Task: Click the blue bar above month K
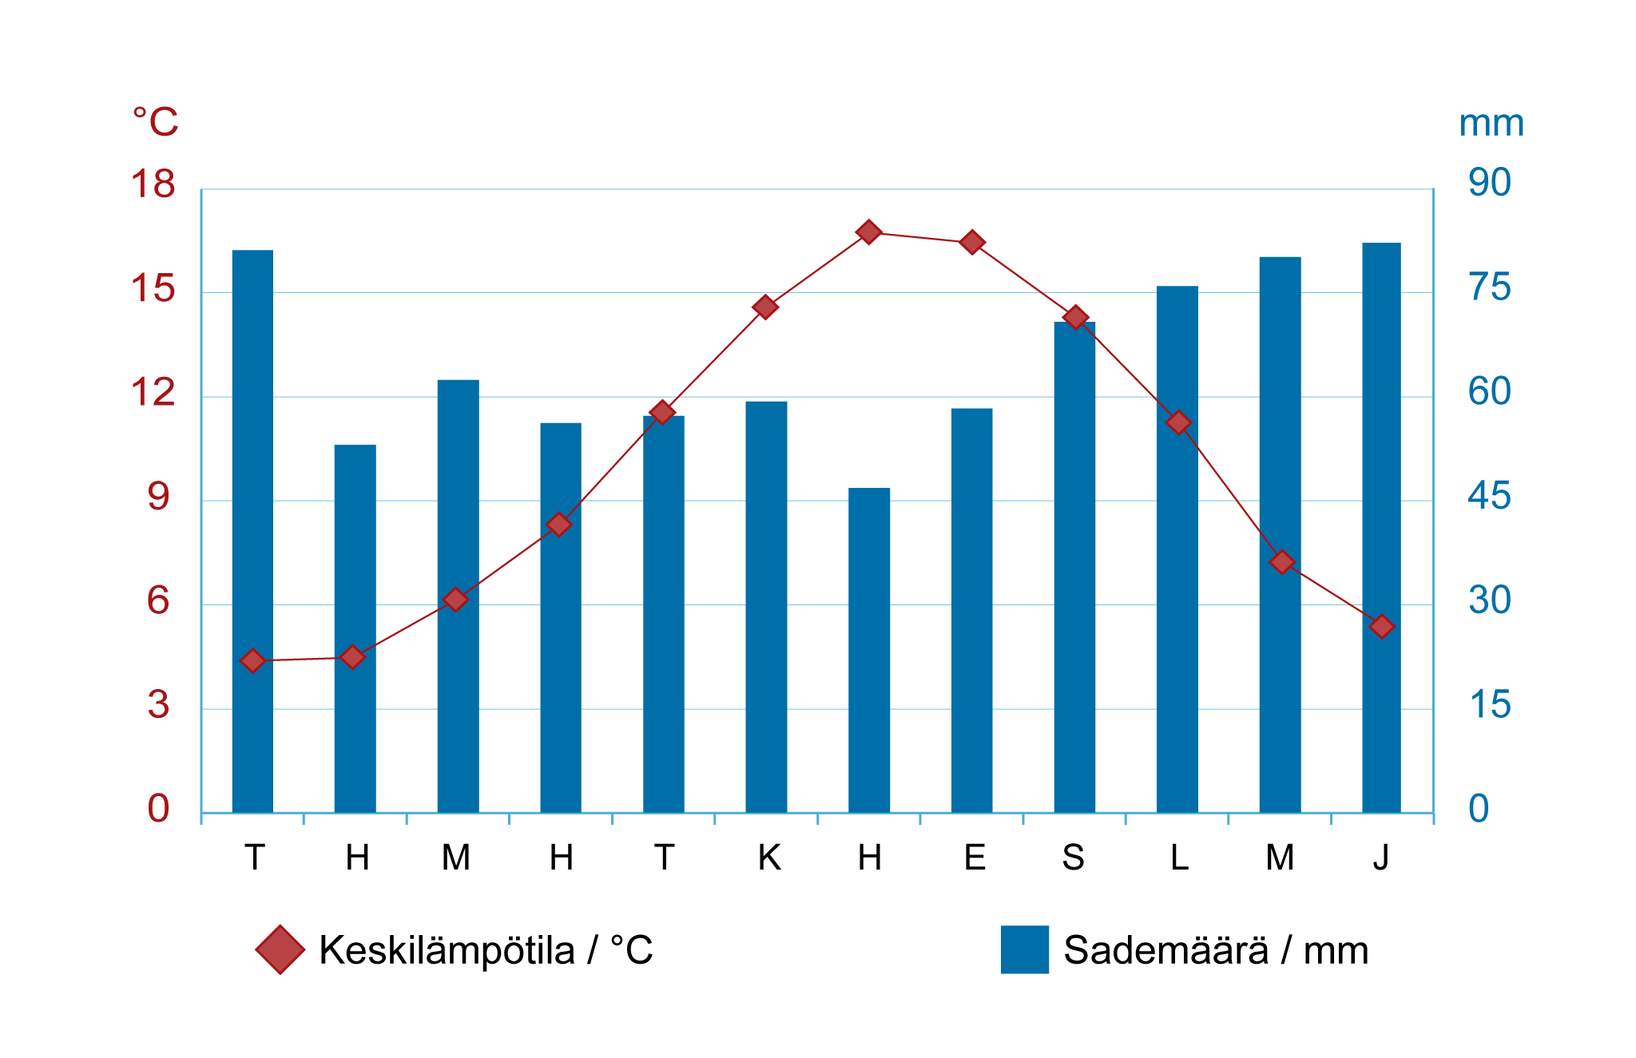[766, 607]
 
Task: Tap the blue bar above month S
[1074, 567]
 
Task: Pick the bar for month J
[1381, 527]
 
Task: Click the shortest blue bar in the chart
[869, 650]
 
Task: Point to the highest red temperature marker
[869, 232]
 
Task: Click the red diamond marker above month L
[1178, 422]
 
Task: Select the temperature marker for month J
[1381, 627]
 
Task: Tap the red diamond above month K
[765, 307]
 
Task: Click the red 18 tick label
[153, 184]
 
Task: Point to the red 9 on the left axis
[158, 497]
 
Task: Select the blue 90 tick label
[1489, 183]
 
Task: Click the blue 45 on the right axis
[1489, 496]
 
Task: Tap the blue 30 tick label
[1489, 600]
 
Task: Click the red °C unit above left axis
[155, 122]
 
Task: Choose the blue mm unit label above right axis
[1491, 124]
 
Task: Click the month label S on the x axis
[1074, 858]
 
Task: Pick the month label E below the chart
[974, 858]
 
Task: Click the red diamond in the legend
[280, 949]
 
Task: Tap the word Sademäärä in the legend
[1165, 950]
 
